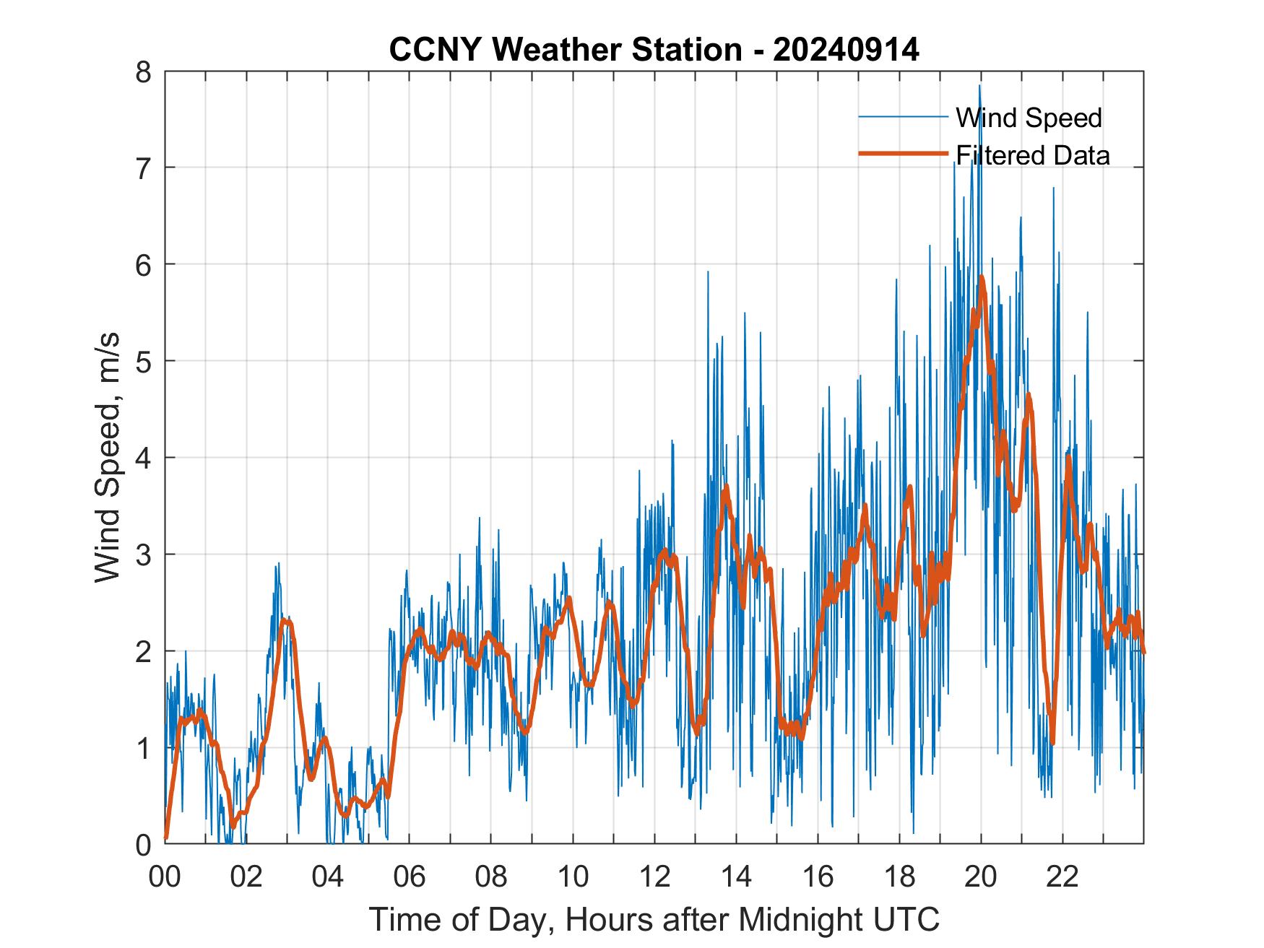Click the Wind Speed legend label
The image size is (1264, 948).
pos(1029,118)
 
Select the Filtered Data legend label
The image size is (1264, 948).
pos(1032,155)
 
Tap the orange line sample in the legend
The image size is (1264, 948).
pos(903,154)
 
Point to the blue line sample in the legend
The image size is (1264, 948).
pos(903,117)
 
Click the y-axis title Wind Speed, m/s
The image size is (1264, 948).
pos(108,458)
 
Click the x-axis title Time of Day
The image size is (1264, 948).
pos(654,919)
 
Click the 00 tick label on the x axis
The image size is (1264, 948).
pos(165,877)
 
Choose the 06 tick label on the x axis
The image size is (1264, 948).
pos(410,877)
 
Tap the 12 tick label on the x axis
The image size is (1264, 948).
pos(654,877)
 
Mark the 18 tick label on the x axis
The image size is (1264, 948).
pos(899,877)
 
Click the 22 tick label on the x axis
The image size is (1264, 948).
pos(1062,877)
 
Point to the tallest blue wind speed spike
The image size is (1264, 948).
pos(979,86)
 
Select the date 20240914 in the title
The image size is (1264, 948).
pos(847,50)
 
